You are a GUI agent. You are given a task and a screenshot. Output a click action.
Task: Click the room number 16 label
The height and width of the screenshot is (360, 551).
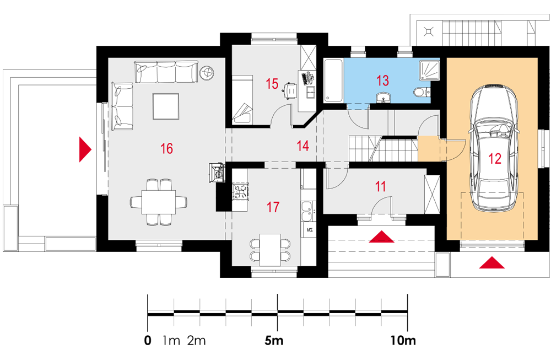tap(166, 148)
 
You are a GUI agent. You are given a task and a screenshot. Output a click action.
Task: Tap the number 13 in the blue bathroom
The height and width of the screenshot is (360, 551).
tap(383, 80)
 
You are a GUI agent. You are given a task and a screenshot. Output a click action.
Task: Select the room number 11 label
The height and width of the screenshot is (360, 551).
tap(381, 186)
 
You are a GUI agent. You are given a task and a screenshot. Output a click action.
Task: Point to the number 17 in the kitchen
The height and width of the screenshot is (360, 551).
tap(273, 207)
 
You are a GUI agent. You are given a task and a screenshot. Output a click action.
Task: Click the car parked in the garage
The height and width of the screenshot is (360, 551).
tap(494, 147)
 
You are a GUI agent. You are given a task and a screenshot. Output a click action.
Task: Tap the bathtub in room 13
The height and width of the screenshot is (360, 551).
tap(333, 80)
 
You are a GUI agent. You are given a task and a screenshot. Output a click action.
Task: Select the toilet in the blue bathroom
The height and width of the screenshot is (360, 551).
tap(421, 92)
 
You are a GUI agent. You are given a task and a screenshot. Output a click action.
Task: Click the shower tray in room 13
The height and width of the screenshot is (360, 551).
tap(429, 69)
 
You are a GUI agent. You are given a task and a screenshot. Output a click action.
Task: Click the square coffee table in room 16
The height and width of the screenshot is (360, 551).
tap(166, 106)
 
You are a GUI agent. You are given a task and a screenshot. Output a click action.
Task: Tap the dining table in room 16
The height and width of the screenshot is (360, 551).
tap(159, 202)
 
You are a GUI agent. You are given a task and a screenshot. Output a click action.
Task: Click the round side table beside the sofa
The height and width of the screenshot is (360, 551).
tap(207, 72)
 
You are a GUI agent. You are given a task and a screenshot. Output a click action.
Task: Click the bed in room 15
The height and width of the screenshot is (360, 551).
tap(242, 99)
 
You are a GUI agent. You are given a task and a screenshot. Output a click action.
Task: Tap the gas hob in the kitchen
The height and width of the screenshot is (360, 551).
tap(240, 192)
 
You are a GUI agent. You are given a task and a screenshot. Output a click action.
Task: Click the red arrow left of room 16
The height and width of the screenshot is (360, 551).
tap(85, 149)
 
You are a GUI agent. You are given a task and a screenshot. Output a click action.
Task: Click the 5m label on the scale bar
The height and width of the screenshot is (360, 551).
tap(274, 340)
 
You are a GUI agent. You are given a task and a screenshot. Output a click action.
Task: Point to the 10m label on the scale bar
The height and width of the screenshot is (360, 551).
tap(403, 340)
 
